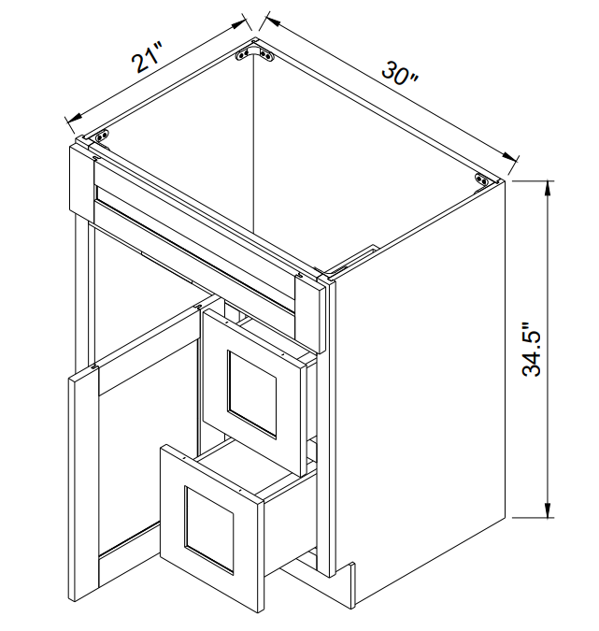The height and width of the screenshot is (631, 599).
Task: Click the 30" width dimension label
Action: pos(400,74)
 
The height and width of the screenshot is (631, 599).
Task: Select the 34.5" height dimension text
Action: pos(532,349)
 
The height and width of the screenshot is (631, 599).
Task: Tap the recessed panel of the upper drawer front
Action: pos(251,394)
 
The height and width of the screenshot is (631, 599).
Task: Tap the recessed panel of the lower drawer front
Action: pos(209,530)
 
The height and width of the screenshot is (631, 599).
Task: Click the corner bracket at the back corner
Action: pos(253,53)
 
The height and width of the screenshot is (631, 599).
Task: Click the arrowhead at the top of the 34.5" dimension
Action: pos(548,188)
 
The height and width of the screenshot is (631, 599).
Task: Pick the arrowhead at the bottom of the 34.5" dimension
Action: pos(548,509)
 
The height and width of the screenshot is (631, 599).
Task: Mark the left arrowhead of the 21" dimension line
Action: pos(74,118)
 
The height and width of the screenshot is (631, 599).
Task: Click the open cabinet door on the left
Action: pos(83,489)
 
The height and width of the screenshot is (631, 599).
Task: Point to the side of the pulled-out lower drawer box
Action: pos(289,523)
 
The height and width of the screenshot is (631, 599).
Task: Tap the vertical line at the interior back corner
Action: pos(253,145)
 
